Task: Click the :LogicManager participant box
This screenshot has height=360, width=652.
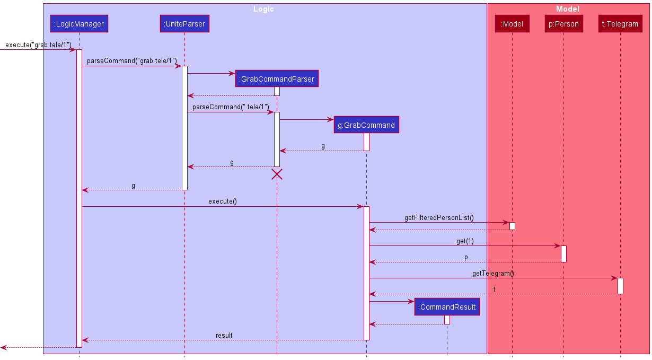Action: coord(79,23)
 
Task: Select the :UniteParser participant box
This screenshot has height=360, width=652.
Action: coord(184,23)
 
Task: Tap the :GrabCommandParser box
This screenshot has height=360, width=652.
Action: coord(277,79)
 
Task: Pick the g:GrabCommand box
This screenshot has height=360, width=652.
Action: coord(366,125)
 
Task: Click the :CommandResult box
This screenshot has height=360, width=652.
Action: coord(447,307)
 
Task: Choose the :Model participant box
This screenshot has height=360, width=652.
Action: coord(512,23)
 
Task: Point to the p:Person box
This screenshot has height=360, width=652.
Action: coord(563,23)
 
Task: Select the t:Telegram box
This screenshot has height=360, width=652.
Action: coord(620,23)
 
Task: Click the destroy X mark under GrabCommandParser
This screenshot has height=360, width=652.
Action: coord(277,174)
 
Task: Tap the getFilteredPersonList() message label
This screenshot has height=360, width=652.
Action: coord(439,217)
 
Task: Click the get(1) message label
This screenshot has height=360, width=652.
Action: coord(465,241)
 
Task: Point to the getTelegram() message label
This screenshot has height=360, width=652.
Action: coord(493,274)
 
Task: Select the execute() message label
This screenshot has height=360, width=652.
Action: coord(223,201)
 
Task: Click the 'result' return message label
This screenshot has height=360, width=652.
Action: coord(224,336)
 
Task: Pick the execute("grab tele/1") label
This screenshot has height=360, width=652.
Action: coord(38,45)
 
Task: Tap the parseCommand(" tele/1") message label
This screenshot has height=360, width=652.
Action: coord(231,107)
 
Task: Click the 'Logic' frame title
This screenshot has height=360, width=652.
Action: coord(263,9)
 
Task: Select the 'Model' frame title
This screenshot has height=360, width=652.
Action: coord(568,9)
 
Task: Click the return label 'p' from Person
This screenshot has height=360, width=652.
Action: coord(466,257)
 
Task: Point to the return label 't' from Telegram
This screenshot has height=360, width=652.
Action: coord(494,289)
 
